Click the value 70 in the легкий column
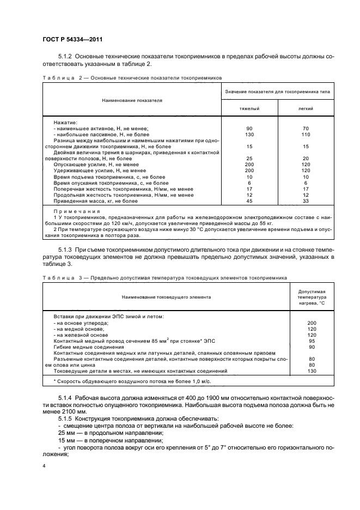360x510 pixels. coord(306,128)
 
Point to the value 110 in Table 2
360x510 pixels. coord(306,134)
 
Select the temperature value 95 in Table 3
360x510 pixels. coord(312,341)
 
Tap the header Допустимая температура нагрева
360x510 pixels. coord(312,298)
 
